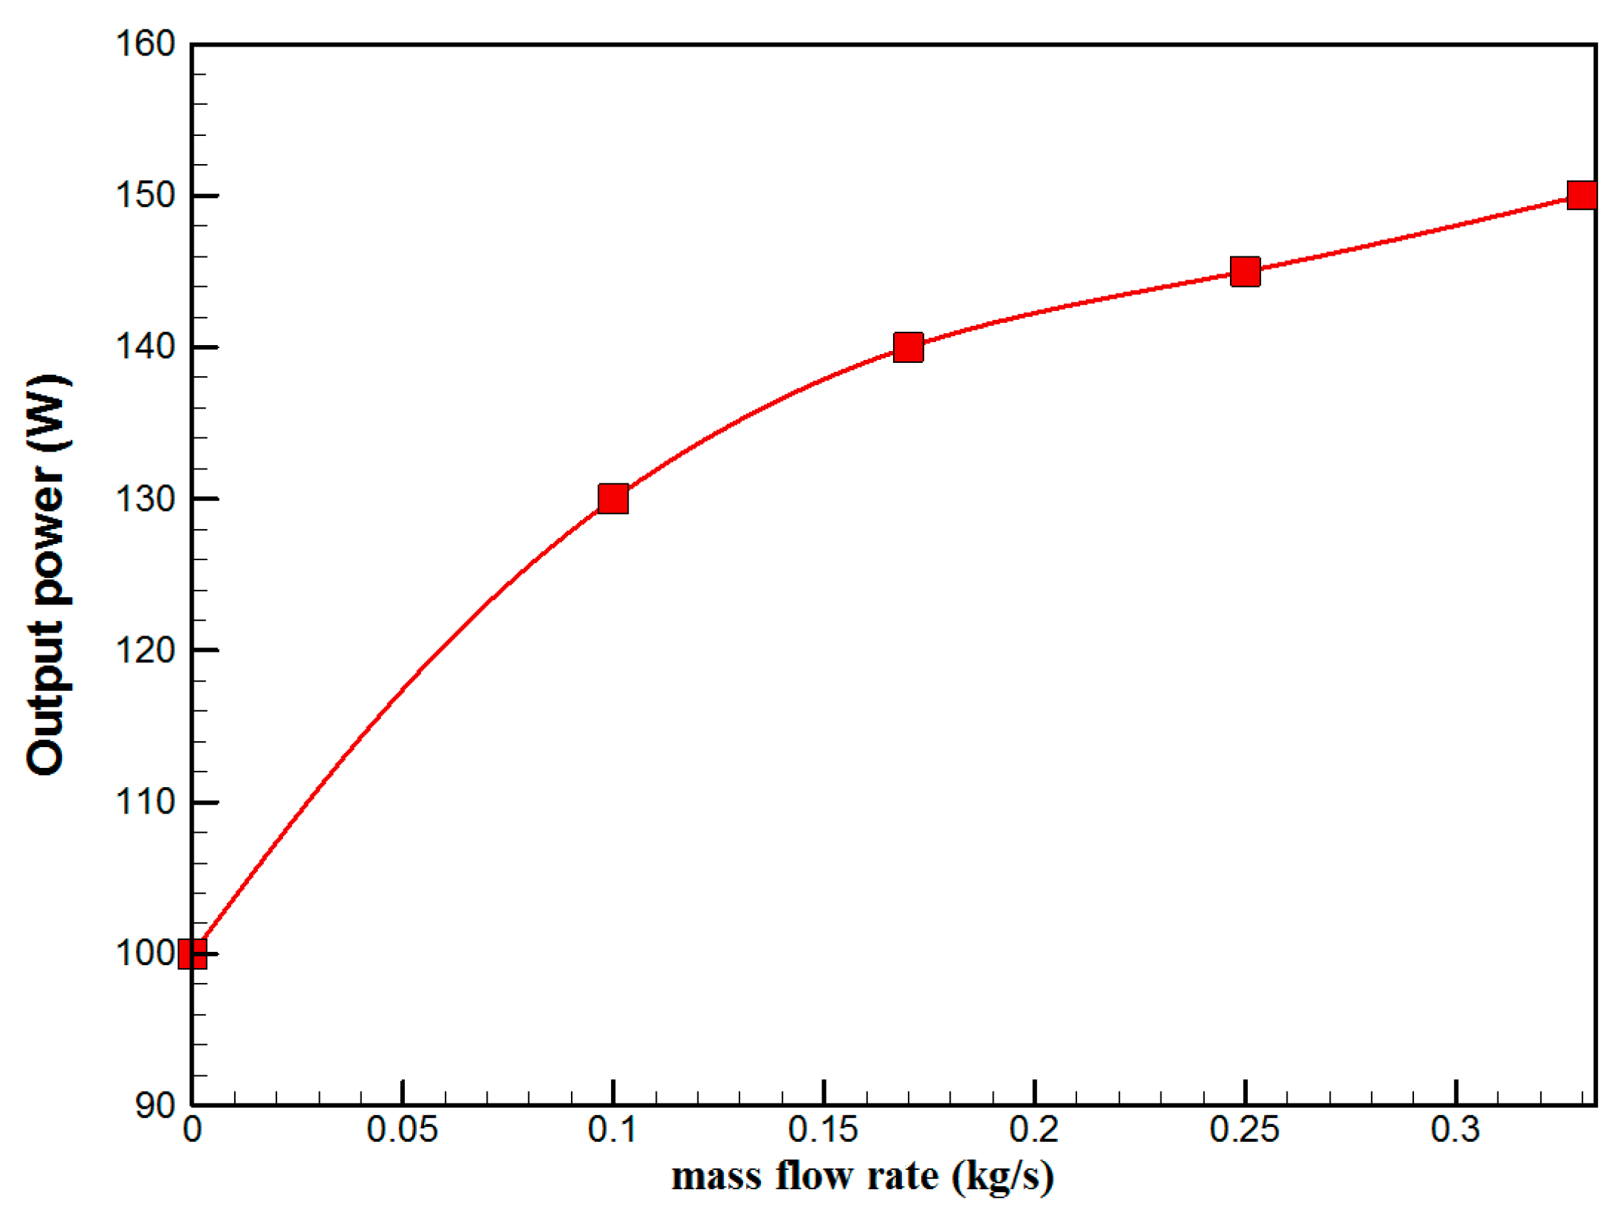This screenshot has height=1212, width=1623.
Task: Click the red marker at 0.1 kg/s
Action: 613,499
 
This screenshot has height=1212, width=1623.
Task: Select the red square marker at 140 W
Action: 908,347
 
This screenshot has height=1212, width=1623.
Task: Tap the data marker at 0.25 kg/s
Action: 1245,271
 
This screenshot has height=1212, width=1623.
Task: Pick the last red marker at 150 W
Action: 1581,195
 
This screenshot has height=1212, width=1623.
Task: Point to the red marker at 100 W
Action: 193,953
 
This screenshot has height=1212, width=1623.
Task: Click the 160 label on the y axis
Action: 145,44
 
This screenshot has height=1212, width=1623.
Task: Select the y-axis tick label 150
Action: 145,195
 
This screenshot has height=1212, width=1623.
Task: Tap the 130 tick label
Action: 145,499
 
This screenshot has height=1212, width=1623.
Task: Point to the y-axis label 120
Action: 145,650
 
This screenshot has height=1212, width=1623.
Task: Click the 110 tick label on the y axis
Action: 145,802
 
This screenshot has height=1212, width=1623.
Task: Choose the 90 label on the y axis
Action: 154,1106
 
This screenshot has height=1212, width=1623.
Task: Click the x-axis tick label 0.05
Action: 402,1130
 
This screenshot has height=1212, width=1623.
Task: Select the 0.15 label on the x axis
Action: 823,1130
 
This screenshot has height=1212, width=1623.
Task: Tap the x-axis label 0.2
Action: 1034,1130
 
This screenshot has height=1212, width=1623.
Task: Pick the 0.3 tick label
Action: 1455,1130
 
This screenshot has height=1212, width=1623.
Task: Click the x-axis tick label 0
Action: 192,1130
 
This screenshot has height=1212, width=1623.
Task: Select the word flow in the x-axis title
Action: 815,1177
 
